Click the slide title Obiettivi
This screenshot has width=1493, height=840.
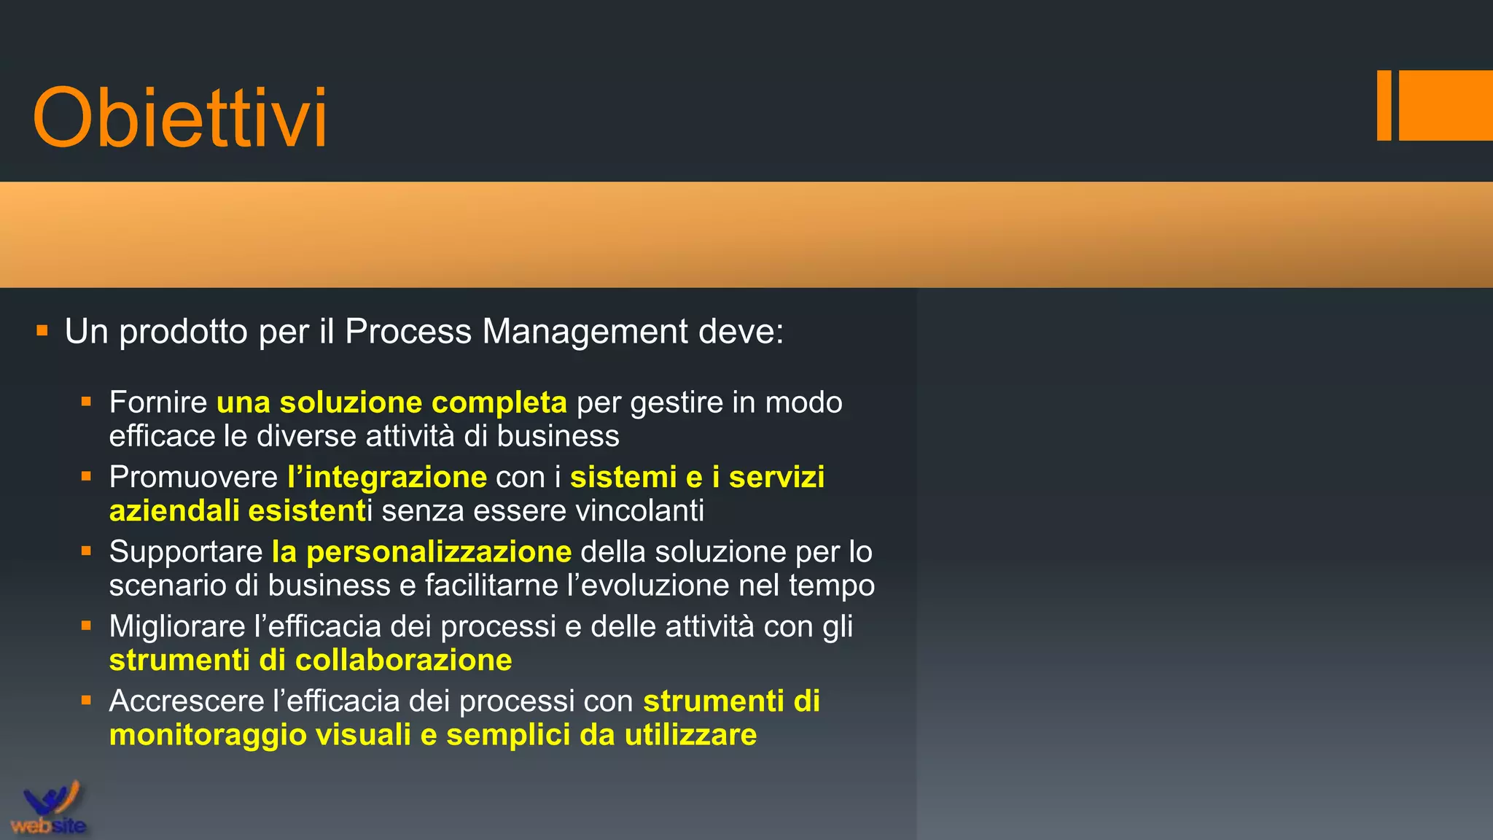(179, 118)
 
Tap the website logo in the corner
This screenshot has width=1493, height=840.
(49, 809)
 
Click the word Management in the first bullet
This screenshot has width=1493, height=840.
(585, 332)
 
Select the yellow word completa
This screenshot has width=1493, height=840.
(499, 402)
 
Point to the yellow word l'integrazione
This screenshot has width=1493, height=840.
(387, 478)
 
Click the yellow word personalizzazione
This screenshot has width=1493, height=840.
(439, 552)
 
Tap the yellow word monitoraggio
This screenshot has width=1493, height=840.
(208, 735)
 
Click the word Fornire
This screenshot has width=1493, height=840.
(158, 402)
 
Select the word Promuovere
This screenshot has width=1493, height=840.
(193, 478)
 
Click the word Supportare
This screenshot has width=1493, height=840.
(186, 552)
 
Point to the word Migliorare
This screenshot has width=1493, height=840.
(177, 627)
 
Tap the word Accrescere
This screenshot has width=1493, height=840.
(187, 701)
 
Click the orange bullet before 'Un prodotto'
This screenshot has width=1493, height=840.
(42, 331)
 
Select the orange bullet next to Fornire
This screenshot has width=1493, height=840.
(86, 401)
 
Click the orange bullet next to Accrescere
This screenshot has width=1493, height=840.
(86, 701)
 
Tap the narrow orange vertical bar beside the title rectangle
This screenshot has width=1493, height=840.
(1384, 105)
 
